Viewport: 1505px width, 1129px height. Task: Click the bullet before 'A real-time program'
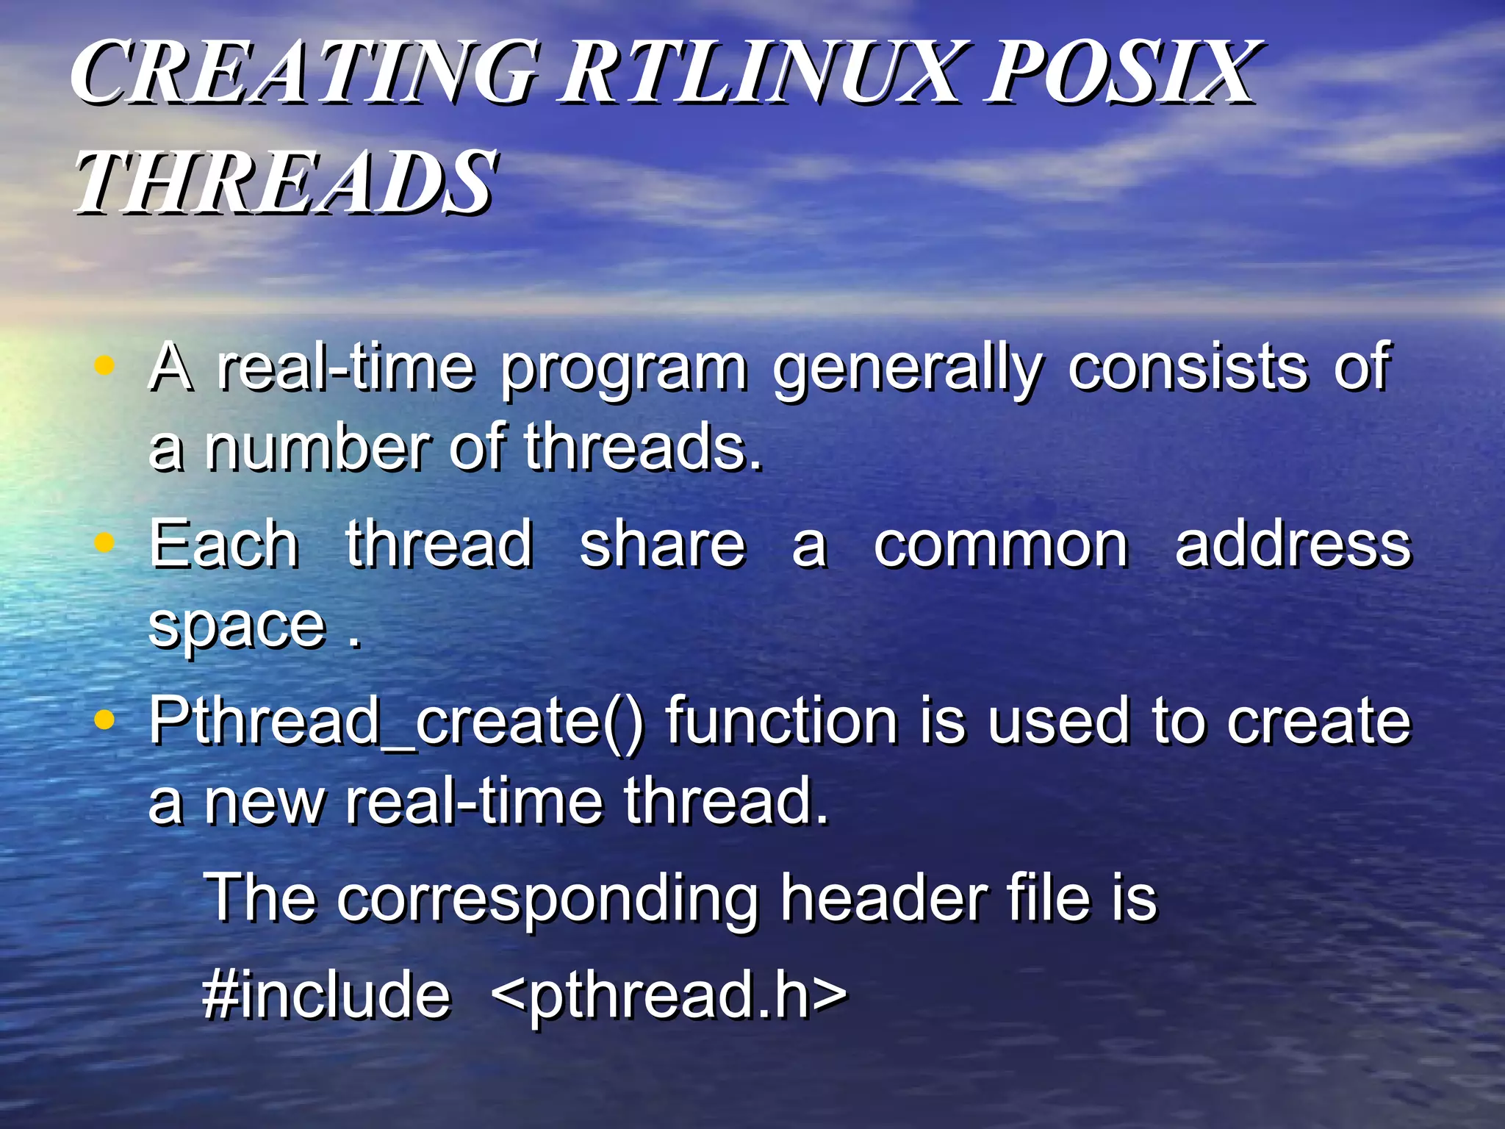[105, 365]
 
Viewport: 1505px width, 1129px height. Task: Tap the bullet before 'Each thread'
[105, 542]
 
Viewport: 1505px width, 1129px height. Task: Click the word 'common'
[1001, 545]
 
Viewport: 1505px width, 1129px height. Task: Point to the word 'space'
[237, 627]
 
